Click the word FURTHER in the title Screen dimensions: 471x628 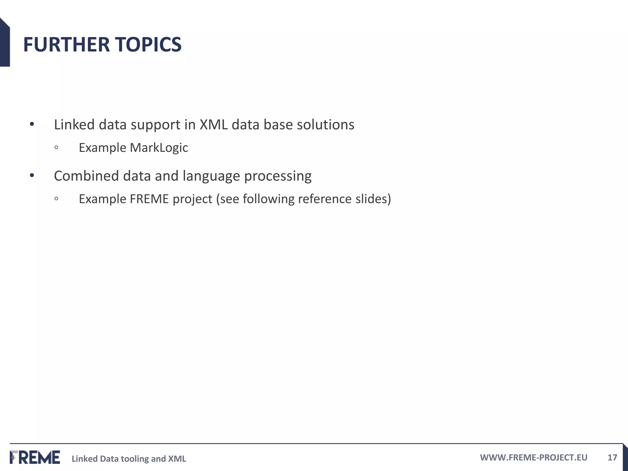(x=66, y=44)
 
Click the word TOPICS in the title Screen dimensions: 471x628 (x=148, y=44)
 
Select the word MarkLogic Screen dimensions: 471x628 (x=159, y=148)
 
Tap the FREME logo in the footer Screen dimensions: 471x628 (x=35, y=457)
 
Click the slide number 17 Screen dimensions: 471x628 (x=612, y=458)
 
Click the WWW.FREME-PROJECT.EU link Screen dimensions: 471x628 (x=534, y=458)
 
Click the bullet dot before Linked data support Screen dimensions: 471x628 (x=32, y=124)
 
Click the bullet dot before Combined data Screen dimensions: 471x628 (x=32, y=176)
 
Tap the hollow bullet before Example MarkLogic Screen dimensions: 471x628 (x=56, y=147)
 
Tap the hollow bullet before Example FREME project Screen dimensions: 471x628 (x=56, y=199)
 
